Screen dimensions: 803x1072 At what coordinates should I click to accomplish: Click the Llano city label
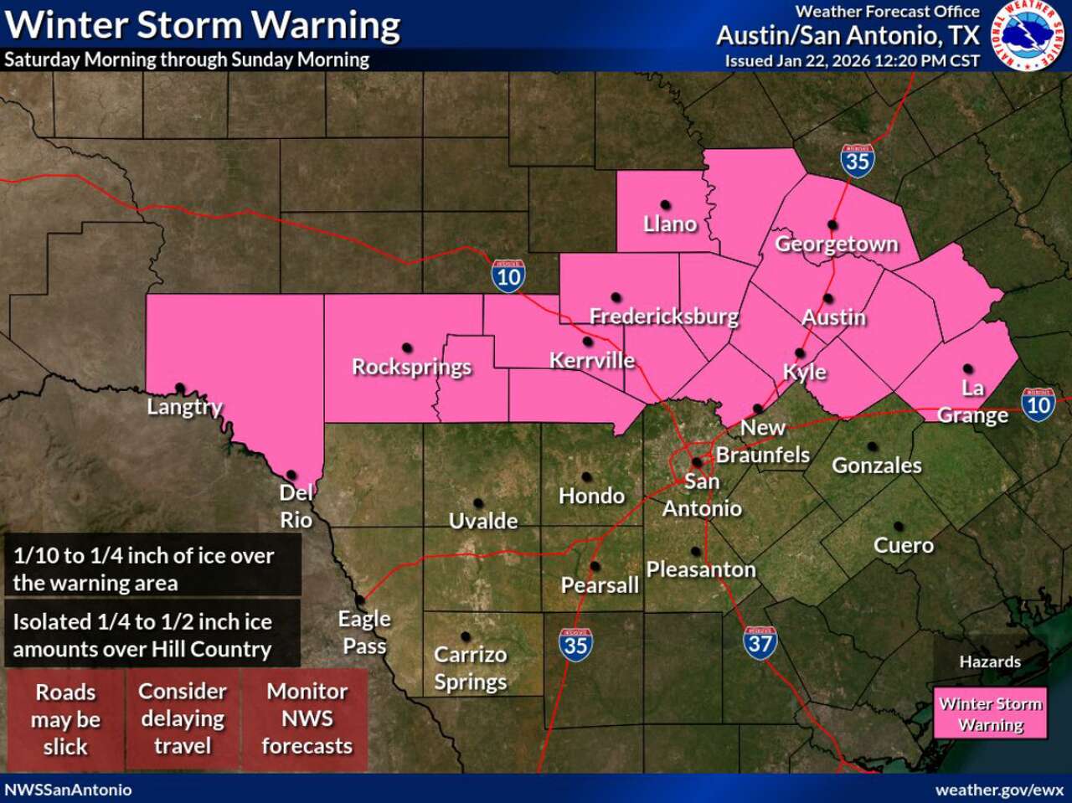click(x=670, y=224)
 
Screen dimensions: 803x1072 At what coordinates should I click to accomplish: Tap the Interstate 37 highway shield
click(x=760, y=642)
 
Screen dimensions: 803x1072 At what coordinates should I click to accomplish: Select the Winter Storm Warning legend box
click(x=991, y=714)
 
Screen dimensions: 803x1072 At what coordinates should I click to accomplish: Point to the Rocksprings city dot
click(x=407, y=347)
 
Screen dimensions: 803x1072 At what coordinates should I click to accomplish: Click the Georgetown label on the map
click(x=836, y=244)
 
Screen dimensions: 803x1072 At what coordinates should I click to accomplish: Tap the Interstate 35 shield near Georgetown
click(x=858, y=159)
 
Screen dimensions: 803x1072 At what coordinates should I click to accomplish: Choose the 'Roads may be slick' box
click(x=65, y=719)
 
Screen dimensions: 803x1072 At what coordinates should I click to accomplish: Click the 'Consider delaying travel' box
click(x=183, y=718)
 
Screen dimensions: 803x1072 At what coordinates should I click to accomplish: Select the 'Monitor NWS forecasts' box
click(x=307, y=718)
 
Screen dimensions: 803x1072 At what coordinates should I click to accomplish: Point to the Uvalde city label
click(x=483, y=521)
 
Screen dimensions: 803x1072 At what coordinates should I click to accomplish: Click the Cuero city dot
click(x=898, y=527)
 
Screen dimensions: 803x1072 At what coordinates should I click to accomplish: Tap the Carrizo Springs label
click(x=470, y=667)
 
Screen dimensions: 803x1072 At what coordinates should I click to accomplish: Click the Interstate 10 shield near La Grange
click(x=1038, y=404)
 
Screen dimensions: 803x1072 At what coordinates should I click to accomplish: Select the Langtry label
click(x=184, y=407)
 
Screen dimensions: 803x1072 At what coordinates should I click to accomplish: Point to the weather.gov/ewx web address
click(x=998, y=790)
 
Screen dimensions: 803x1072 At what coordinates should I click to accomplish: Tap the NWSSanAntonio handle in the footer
click(x=69, y=790)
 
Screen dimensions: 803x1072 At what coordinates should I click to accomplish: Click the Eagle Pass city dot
click(x=361, y=600)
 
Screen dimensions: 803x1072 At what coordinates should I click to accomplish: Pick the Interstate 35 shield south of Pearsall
click(x=575, y=645)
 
